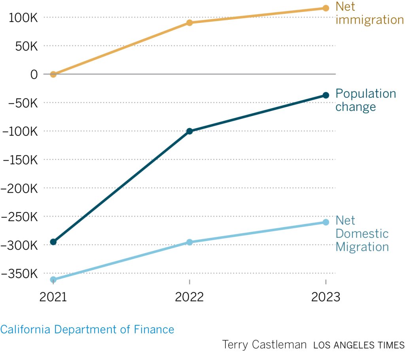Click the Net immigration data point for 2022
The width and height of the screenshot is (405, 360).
point(189,23)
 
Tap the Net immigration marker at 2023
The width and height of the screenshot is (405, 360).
point(326,8)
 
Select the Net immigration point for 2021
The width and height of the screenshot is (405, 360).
point(53,74)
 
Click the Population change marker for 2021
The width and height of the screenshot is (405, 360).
point(53,242)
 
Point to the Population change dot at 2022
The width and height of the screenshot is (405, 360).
point(189,131)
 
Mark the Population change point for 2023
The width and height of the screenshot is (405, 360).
point(326,95)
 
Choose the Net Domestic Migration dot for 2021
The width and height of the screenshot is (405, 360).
point(53,279)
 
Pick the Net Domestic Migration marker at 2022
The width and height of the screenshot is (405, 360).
point(189,242)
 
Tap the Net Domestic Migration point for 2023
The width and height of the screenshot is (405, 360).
point(326,222)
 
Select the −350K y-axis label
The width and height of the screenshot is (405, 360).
point(19,273)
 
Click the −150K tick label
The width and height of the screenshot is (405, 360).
point(19,159)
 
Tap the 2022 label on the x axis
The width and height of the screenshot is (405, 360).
point(189,297)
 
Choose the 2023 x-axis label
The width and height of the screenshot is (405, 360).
point(326,297)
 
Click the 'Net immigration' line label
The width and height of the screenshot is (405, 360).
point(369,13)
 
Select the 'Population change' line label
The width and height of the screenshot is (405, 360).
point(365,100)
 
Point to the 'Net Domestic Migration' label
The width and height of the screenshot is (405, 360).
point(362,233)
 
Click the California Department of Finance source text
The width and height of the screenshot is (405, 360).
point(87,329)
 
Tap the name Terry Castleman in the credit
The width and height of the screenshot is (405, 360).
point(264,344)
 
